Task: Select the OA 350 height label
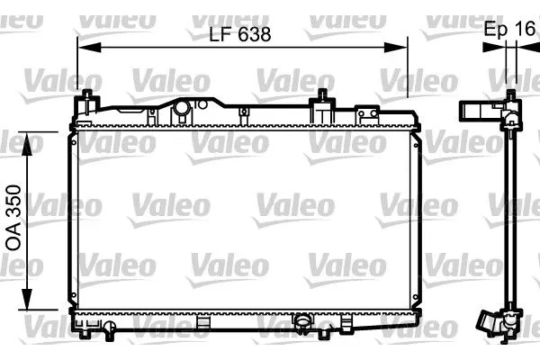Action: pyautogui.click(x=14, y=221)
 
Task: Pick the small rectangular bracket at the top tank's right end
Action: pyautogui.click(x=366, y=113)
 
